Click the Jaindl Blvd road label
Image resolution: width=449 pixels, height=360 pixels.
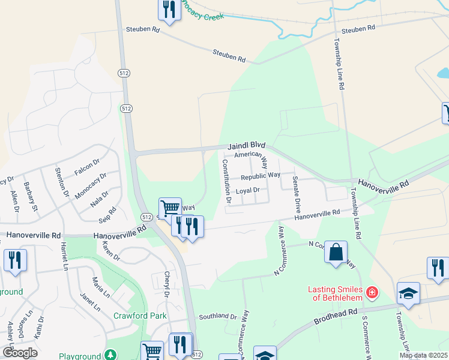tap(246, 146)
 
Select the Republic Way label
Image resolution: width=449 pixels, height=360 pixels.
tap(261, 176)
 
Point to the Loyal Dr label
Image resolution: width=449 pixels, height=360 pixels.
tap(247, 191)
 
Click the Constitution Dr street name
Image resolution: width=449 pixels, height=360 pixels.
tap(226, 179)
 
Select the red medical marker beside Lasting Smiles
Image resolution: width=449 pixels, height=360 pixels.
tap(372, 292)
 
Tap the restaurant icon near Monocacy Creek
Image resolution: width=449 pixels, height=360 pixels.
tap(169, 9)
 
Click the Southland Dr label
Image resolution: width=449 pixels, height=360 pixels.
tap(218, 316)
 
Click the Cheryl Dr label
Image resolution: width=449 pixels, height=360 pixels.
tap(167, 284)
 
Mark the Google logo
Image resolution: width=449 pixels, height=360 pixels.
tap(20, 353)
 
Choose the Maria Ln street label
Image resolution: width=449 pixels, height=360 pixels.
tap(101, 287)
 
